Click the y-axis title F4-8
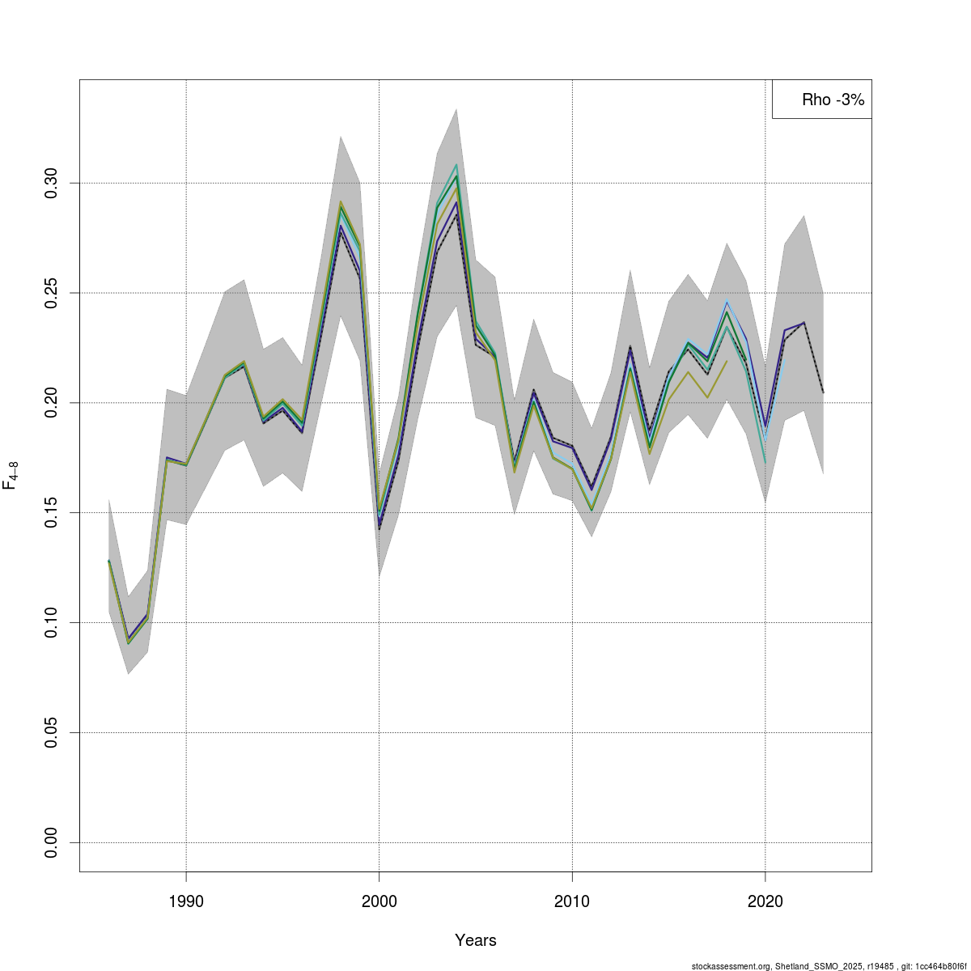[x=11, y=475]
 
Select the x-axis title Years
[x=476, y=940]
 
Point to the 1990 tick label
[x=186, y=901]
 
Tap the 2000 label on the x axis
[x=379, y=901]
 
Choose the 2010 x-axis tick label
[x=572, y=901]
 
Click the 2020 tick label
[x=765, y=901]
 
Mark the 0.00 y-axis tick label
[x=52, y=842]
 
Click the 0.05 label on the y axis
[x=52, y=732]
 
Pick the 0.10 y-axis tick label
[x=52, y=622]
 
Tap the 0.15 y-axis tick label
[x=52, y=512]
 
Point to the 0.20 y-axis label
[x=52, y=402]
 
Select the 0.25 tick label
[x=52, y=292]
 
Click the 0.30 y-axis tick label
[x=52, y=183]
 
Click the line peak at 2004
[x=456, y=165]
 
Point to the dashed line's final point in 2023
[x=823, y=393]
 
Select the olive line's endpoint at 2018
[x=727, y=361]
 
